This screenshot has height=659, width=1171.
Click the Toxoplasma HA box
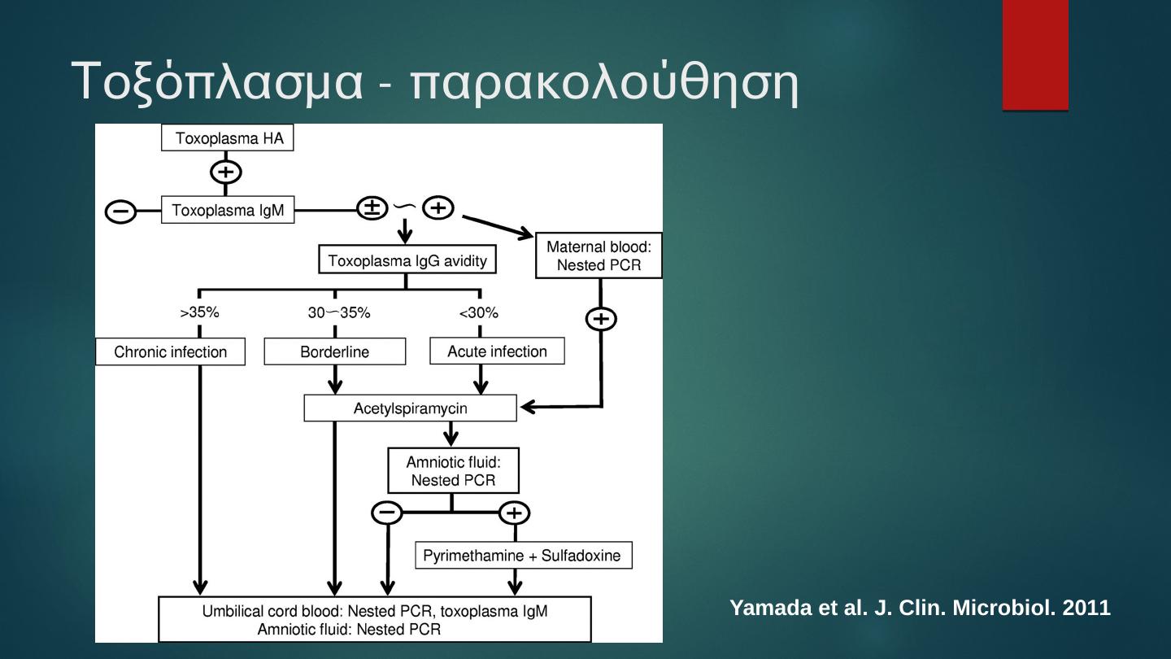click(x=228, y=138)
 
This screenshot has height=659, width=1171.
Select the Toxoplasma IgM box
click(x=228, y=211)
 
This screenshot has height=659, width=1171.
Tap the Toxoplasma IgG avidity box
click(x=407, y=261)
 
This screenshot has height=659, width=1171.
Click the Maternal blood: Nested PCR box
click(x=599, y=255)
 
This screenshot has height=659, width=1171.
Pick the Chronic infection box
click(x=170, y=352)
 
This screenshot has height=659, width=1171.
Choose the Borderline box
click(x=334, y=352)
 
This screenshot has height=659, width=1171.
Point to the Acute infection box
click(x=497, y=351)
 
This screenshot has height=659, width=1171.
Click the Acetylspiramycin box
click(x=410, y=408)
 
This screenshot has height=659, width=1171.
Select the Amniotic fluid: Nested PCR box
click(x=453, y=471)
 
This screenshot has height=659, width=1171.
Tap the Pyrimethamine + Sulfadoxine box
click(x=524, y=556)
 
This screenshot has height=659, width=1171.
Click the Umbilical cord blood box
click(x=375, y=620)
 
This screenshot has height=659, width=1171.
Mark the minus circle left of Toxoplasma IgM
click(x=121, y=212)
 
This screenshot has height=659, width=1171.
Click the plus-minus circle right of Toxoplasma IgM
click(x=372, y=208)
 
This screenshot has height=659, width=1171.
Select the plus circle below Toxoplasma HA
click(x=226, y=172)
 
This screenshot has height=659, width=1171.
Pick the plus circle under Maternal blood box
click(x=601, y=319)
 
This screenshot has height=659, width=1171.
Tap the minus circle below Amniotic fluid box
click(x=387, y=513)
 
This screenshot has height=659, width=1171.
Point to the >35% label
click(x=199, y=312)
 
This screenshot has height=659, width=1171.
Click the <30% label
click(x=479, y=312)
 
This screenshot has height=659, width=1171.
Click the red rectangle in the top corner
click(x=1035, y=55)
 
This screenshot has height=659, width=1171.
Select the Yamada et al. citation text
click(x=920, y=608)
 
